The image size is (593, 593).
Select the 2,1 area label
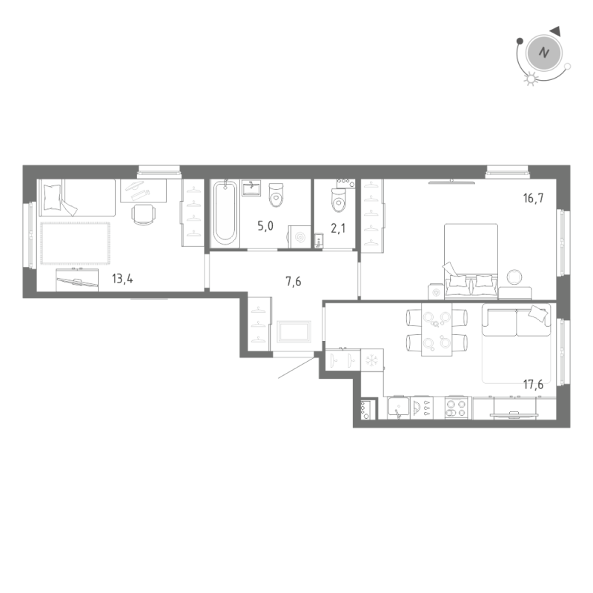[338, 228]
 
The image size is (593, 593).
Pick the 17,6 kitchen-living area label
[532, 384]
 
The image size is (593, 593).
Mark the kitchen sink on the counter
[399, 408]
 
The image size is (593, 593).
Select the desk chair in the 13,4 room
[144, 214]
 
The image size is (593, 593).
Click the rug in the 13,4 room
[75, 242]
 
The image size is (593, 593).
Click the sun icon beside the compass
[529, 79]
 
